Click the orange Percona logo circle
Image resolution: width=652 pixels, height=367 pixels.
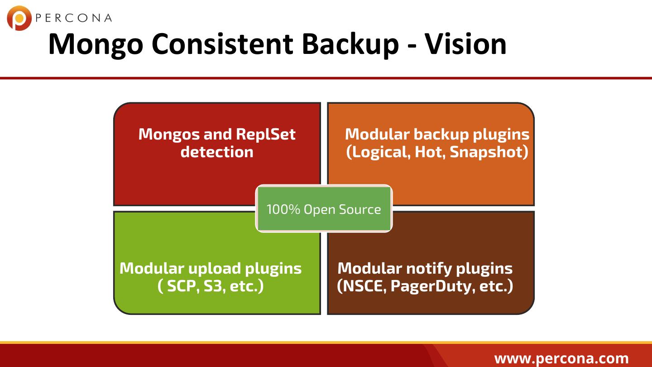19,18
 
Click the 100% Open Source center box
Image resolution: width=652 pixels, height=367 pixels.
324,209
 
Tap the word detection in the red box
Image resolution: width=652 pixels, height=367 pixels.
217,152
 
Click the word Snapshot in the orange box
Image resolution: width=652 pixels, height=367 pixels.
489,152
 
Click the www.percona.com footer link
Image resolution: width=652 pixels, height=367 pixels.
561,358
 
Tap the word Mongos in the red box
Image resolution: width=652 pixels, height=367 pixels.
168,134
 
